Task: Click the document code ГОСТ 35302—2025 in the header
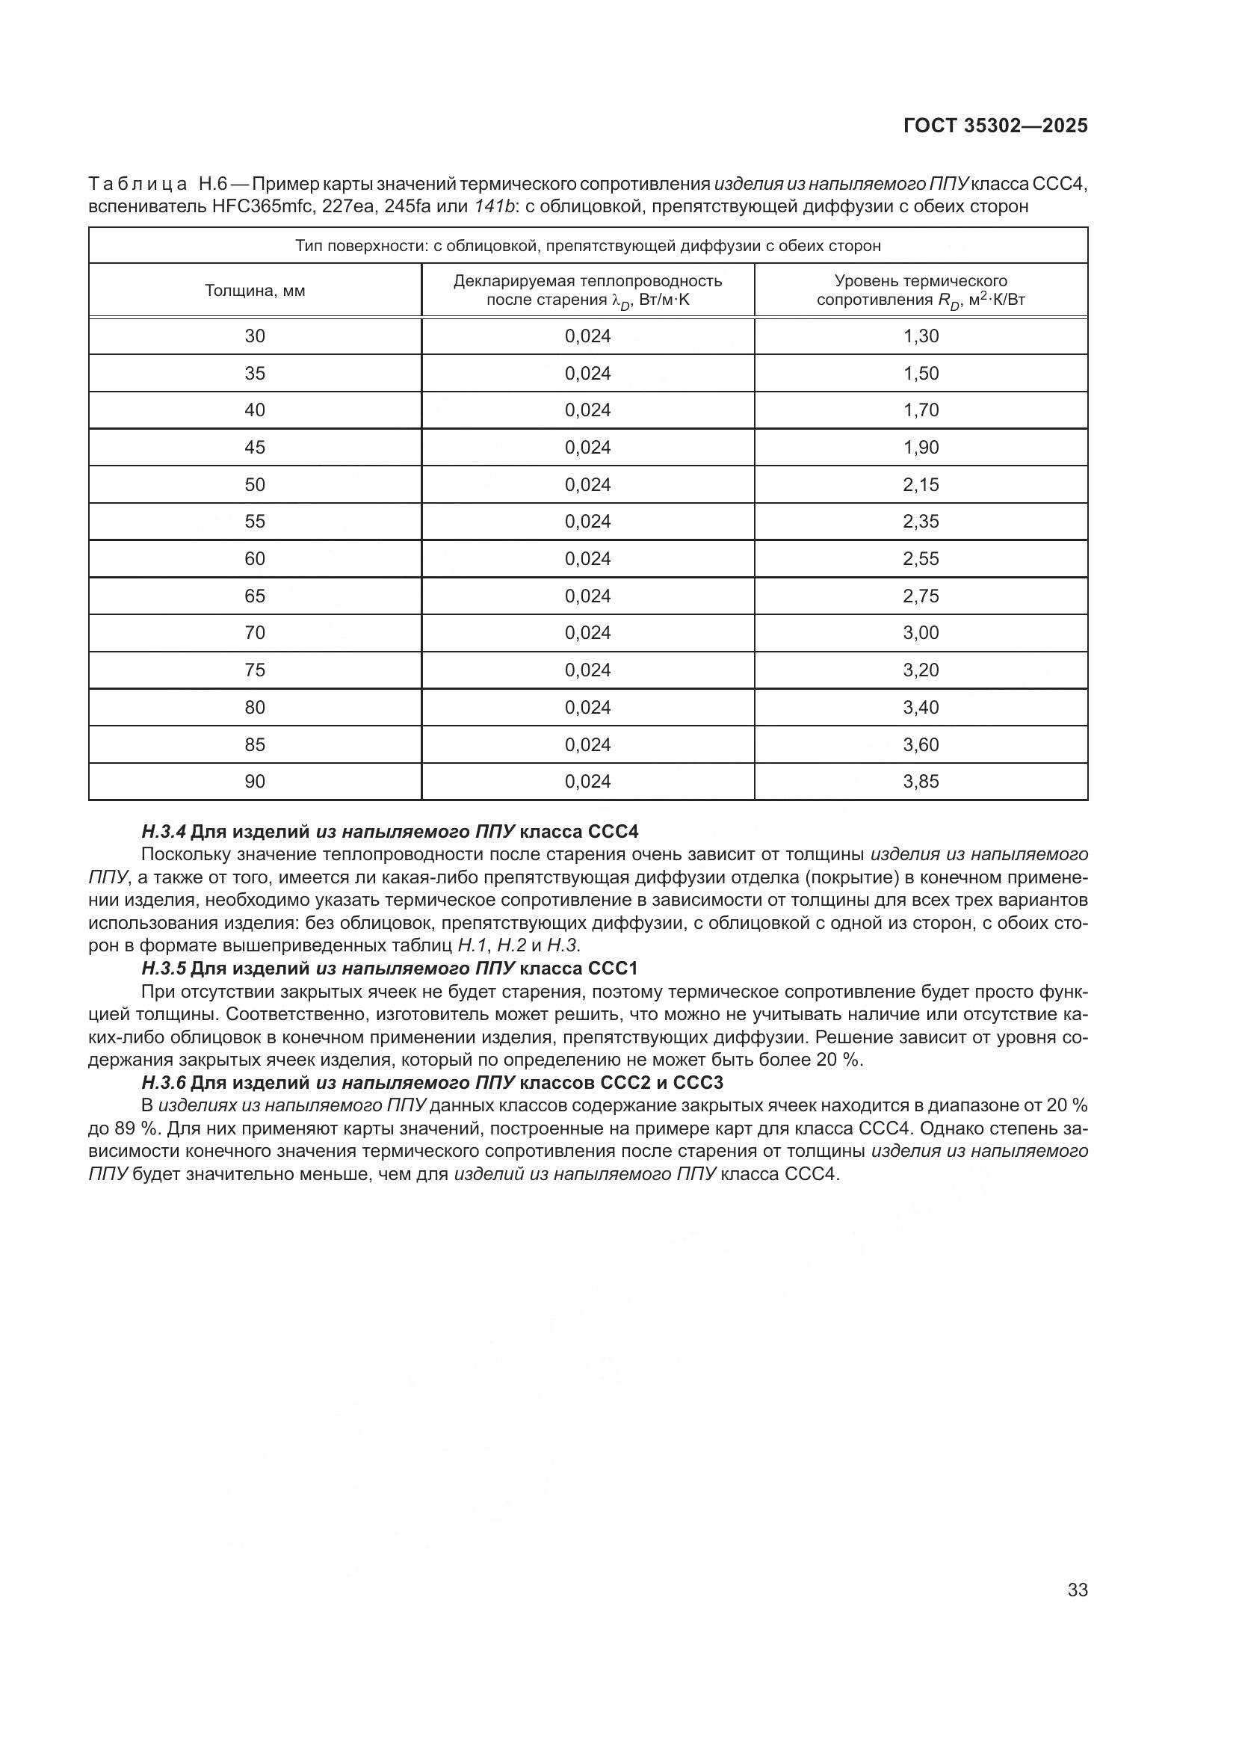click(995, 126)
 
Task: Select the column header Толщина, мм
click(255, 290)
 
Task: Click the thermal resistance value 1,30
click(921, 336)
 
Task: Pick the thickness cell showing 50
click(255, 484)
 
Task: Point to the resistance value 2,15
click(921, 484)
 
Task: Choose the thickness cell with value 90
click(255, 781)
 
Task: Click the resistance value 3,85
click(921, 781)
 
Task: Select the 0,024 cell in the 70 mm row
click(587, 633)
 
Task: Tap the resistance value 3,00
click(921, 633)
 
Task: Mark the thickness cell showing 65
click(255, 596)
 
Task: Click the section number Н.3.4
click(164, 831)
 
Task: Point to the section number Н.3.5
click(164, 969)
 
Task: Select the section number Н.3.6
click(164, 1083)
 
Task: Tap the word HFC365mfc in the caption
click(257, 206)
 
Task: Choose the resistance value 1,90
click(921, 447)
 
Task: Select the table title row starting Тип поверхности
click(587, 246)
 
